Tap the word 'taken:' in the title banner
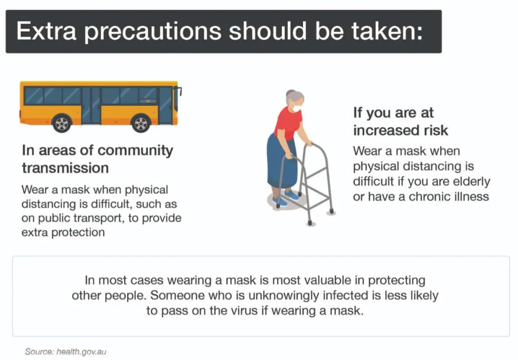(387, 31)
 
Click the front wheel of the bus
(141, 123)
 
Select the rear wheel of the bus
(62, 123)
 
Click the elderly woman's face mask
(296, 107)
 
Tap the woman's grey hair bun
(290, 93)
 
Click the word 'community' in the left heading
(135, 151)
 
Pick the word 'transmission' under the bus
(65, 168)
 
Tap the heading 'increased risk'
(400, 130)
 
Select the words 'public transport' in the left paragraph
(82, 219)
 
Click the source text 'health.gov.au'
(81, 352)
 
